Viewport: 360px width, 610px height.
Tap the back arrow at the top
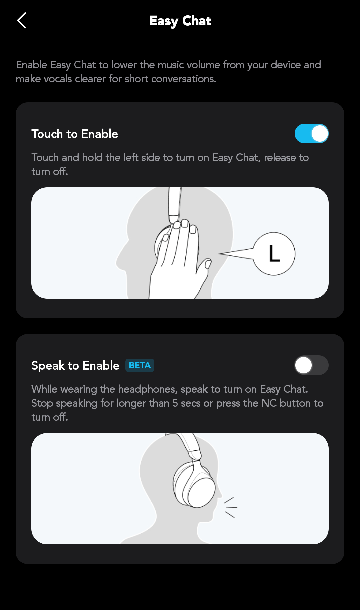click(22, 21)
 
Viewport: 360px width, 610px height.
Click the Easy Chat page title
click(180, 21)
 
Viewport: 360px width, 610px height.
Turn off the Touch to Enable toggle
click(312, 134)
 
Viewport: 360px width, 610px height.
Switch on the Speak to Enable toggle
click(312, 365)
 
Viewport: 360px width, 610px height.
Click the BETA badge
click(140, 365)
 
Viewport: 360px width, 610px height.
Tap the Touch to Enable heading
click(75, 134)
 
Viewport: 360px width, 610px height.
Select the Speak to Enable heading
click(75, 366)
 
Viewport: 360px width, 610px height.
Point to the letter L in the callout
click(274, 253)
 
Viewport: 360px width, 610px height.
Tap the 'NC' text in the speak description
click(269, 403)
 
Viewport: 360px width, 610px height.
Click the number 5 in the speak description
click(175, 403)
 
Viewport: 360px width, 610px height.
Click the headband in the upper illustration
click(175, 204)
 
